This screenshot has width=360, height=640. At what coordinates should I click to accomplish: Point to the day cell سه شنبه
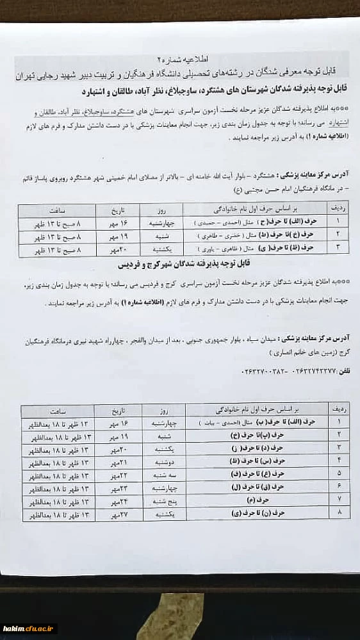tap(157, 474)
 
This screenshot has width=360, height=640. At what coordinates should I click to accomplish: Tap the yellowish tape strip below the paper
tap(179, 584)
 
